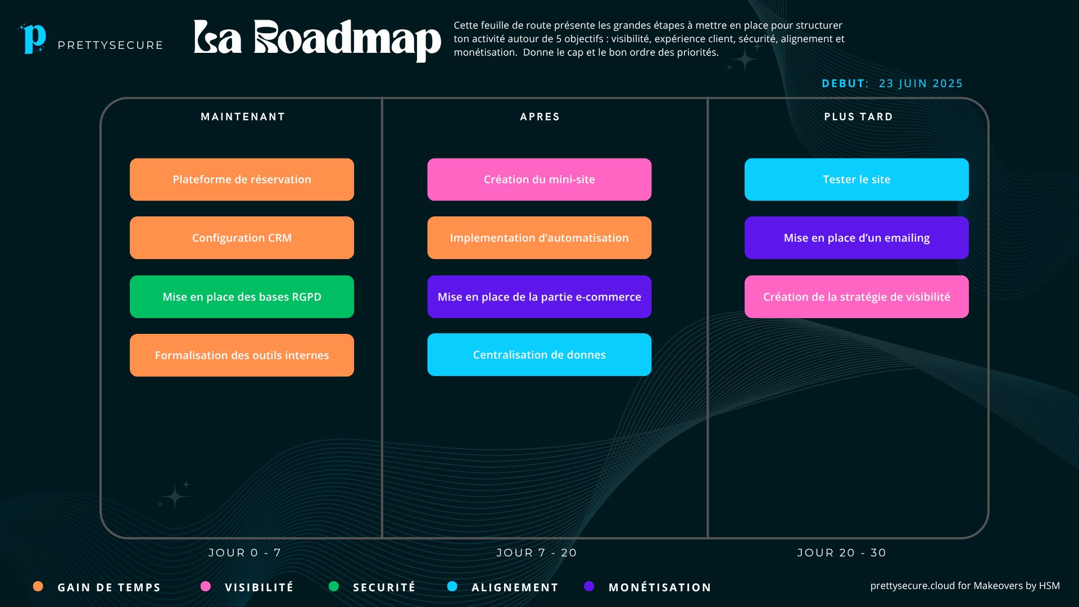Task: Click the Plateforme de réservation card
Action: click(x=242, y=179)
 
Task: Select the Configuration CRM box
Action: click(x=242, y=238)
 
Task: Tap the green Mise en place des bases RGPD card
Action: click(x=242, y=297)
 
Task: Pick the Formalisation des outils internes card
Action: click(x=242, y=355)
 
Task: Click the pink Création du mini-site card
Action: click(x=539, y=179)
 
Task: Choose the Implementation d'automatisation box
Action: click(x=539, y=238)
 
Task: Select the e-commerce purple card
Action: click(x=539, y=297)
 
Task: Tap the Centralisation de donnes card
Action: click(x=539, y=355)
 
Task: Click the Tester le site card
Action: click(x=856, y=179)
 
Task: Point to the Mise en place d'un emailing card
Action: click(x=856, y=238)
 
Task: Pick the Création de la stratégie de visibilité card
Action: click(x=856, y=297)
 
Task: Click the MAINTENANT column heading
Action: click(x=243, y=117)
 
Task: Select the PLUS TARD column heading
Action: click(x=859, y=117)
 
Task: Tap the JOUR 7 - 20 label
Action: click(x=537, y=552)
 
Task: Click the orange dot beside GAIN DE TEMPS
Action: click(x=38, y=586)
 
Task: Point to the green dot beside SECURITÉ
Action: click(x=334, y=586)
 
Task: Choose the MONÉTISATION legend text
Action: click(x=660, y=587)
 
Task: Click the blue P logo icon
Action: click(x=34, y=38)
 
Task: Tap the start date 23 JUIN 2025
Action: click(x=921, y=83)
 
